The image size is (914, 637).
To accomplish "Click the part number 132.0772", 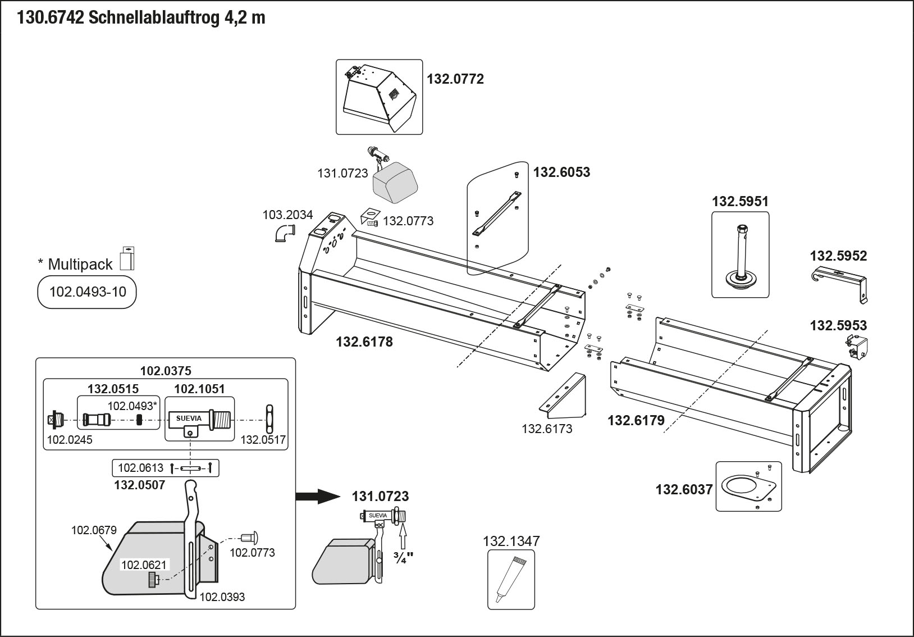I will (455, 79).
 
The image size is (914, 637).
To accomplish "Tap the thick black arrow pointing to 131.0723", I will (318, 496).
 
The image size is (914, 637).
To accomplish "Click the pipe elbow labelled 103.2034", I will (285, 232).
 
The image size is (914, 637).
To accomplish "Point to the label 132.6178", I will (364, 342).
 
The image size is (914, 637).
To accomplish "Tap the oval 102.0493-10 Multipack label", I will (87, 292).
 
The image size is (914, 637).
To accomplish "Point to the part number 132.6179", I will (636, 420).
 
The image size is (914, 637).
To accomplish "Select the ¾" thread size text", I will (403, 558).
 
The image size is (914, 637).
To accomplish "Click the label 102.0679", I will (93, 530).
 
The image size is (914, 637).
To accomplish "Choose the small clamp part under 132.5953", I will (857, 347).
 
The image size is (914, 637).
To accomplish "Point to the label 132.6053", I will (561, 172).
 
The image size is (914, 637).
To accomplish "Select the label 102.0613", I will (140, 468).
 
